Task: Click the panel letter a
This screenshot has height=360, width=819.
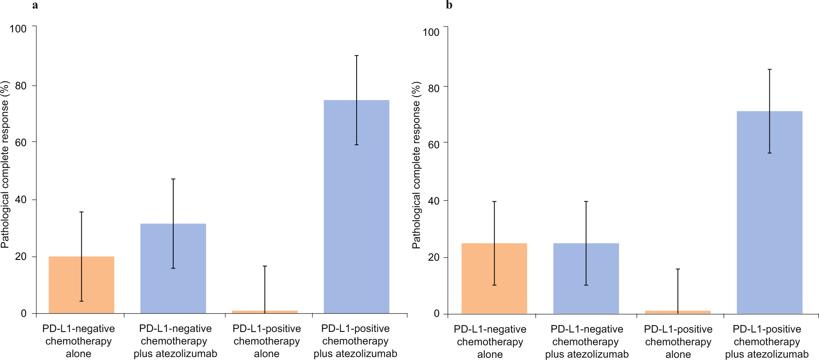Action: [x=35, y=5]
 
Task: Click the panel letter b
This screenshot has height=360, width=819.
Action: [x=449, y=5]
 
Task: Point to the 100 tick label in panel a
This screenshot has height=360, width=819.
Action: [x=18, y=29]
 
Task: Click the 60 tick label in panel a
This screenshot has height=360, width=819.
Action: [x=21, y=143]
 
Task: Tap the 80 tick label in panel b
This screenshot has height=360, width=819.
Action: [x=434, y=88]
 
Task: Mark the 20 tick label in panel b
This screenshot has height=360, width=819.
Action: [x=434, y=257]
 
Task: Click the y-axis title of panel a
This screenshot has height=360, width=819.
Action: [x=5, y=164]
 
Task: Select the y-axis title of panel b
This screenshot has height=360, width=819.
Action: [x=416, y=165]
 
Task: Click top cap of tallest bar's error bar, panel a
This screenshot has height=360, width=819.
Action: [x=357, y=56]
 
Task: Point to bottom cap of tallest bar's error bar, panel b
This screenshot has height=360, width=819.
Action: [x=769, y=153]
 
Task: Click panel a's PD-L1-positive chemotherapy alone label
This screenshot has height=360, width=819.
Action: [x=267, y=341]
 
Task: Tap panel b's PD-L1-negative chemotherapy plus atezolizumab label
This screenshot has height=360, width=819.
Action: [x=587, y=342]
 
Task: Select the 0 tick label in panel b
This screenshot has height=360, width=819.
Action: [x=437, y=314]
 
